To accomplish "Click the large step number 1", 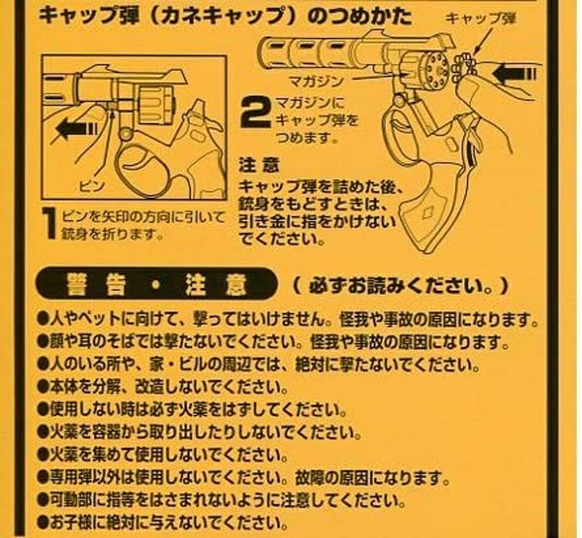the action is (49, 223).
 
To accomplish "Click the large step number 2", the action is (256, 111).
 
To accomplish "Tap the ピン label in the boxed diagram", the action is (91, 185).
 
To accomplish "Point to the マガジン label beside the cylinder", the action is (316, 81).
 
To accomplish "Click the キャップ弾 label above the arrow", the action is (481, 18).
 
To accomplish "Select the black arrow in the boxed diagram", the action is (76, 129).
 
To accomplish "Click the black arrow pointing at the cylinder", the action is (514, 74).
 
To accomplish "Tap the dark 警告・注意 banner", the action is (156, 284).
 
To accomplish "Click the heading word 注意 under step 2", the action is (259, 165).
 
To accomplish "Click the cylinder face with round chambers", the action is (436, 69).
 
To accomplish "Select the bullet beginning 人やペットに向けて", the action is (289, 319).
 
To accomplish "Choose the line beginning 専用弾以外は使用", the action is (244, 477).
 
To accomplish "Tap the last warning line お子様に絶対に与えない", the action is (163, 523).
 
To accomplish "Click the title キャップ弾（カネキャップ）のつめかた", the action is (225, 17).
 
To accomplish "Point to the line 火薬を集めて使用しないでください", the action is (163, 455).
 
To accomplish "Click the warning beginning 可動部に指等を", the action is (221, 501).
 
